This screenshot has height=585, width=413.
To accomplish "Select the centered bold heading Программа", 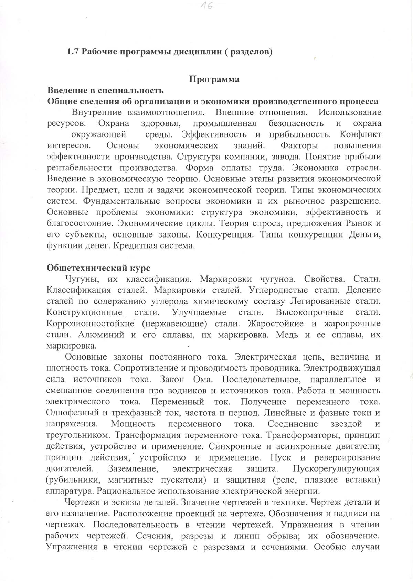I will click(214, 79).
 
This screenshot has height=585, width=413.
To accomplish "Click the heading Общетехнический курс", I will click(98, 268).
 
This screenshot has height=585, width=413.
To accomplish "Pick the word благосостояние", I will click(80, 223).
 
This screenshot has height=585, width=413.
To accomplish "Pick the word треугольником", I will click(77, 435).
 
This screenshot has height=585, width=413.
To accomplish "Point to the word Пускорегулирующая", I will click(336, 469).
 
